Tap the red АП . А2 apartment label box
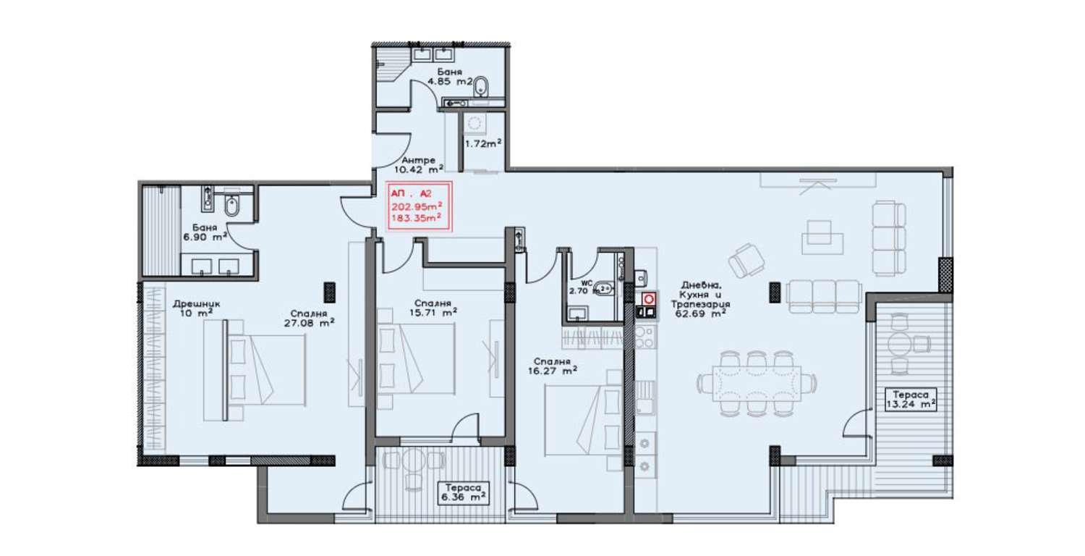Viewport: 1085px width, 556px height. (x=418, y=206)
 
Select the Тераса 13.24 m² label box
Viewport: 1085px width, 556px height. (x=910, y=400)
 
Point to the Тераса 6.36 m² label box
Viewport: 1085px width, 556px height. (x=463, y=492)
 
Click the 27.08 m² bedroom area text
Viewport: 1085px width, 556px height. (x=309, y=323)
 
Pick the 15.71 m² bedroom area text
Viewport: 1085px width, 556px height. (x=433, y=313)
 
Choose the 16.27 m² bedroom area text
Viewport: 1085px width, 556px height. (x=552, y=371)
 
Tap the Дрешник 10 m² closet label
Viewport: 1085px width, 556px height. (x=197, y=308)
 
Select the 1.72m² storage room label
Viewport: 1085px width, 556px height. (x=483, y=143)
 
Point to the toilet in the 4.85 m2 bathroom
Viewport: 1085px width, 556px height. (x=482, y=88)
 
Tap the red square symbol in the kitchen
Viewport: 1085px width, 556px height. (x=649, y=298)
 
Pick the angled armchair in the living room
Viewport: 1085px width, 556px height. (x=747, y=260)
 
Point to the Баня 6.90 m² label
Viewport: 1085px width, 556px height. (x=205, y=232)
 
